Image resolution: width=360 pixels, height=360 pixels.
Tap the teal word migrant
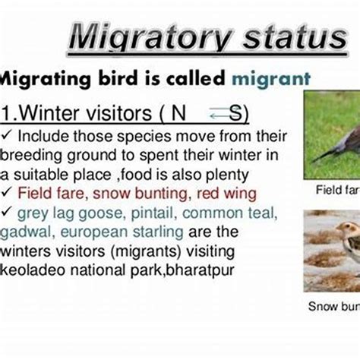click(271, 77)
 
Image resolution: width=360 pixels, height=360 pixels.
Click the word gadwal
click(24, 231)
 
